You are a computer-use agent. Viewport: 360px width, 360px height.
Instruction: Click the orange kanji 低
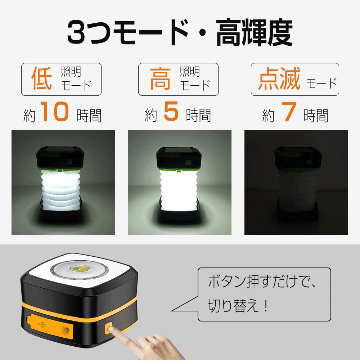coord(41,78)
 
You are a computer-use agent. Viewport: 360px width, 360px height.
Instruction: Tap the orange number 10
coord(55,111)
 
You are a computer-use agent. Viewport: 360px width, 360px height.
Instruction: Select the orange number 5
coord(171,111)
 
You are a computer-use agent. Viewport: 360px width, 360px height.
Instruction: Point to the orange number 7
coord(289,111)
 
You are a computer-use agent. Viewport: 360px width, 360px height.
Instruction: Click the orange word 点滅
coord(279,78)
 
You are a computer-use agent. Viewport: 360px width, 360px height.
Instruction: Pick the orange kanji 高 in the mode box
coord(160,78)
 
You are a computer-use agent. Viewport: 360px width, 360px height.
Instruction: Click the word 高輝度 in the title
coord(254,33)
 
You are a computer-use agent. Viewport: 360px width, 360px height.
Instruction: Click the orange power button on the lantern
coord(109,328)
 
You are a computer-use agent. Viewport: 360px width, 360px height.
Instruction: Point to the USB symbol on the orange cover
coord(42,325)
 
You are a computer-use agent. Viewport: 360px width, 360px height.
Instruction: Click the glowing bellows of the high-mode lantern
coord(179,190)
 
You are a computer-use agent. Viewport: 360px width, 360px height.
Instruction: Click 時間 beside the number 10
coord(89,116)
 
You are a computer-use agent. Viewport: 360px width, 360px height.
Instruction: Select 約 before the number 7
coord(269,116)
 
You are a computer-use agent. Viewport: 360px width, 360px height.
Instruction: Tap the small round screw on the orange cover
coord(67,330)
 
